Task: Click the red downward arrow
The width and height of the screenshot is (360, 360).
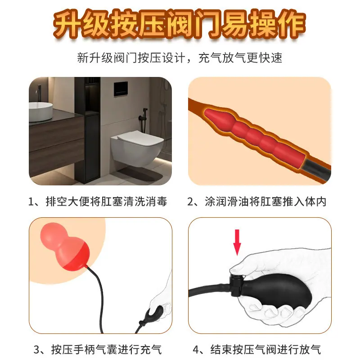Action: coord(237,242)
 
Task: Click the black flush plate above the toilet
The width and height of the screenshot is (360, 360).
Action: coord(121,89)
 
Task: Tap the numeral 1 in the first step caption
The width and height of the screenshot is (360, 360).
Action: coord(31,202)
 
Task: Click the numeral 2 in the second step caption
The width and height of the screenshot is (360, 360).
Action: coord(190,202)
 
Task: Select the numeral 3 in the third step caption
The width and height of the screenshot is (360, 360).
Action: coord(37,350)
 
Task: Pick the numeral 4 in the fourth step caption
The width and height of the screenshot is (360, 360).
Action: coord(196,350)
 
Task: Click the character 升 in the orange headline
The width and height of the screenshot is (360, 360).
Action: coord(67,24)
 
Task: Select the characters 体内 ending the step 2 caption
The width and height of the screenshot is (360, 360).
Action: coord(315,202)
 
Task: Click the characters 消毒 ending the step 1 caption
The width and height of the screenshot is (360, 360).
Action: coord(156,202)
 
